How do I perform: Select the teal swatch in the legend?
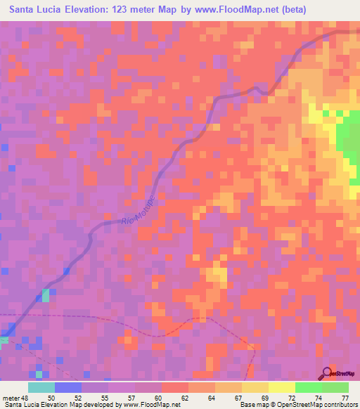point(41,387)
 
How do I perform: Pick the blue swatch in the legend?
point(68,387)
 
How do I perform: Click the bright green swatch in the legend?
point(309,387)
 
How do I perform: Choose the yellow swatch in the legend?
point(282,387)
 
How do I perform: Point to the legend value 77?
point(344,397)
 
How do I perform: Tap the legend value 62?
point(184,397)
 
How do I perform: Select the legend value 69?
point(264,397)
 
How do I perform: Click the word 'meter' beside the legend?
point(11,397)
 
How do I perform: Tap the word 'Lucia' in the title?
point(58,9)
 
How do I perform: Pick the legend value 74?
point(317,397)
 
